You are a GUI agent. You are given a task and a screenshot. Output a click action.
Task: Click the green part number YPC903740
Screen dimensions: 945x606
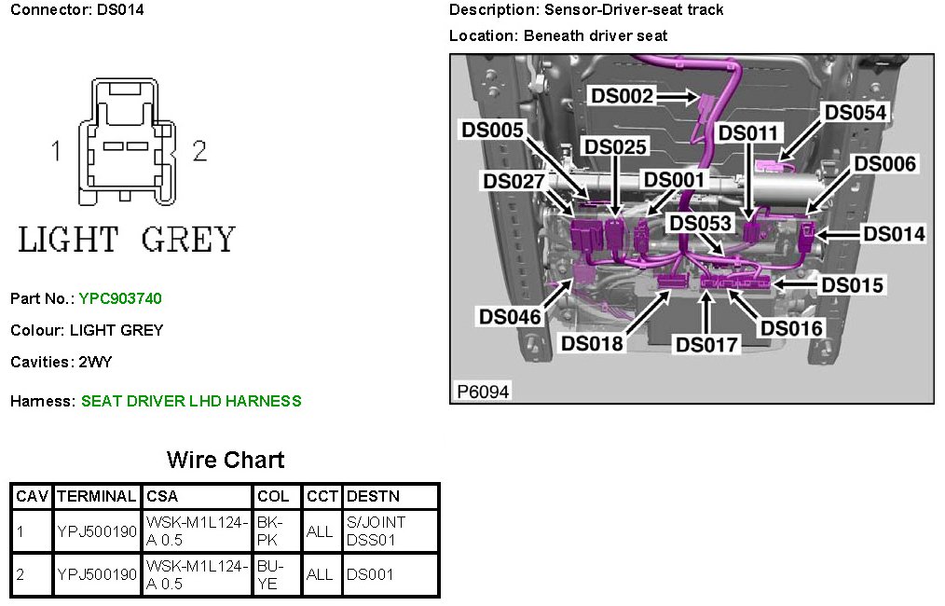120,298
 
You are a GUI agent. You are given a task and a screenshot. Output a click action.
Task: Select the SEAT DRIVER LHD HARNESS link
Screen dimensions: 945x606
191,401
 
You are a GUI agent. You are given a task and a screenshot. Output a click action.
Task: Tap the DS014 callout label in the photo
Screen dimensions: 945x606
894,234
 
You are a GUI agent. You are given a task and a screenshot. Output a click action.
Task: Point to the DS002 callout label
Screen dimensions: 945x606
622,95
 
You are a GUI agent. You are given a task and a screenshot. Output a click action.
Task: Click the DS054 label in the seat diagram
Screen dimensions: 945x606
856,112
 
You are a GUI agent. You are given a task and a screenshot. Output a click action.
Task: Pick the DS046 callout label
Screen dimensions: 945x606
510,317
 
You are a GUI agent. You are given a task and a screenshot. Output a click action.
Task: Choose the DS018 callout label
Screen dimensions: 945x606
592,343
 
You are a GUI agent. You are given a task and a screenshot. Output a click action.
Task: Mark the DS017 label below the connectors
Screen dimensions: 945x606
706,345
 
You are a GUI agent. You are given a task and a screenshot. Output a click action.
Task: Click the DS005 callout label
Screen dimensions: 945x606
493,130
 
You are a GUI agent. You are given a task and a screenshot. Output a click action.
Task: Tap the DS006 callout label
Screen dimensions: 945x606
885,164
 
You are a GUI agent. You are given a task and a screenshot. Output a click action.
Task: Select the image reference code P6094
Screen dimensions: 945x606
483,392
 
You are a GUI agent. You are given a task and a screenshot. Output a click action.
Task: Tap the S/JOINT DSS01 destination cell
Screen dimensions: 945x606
376,530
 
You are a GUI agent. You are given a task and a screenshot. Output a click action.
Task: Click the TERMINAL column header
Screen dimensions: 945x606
97,496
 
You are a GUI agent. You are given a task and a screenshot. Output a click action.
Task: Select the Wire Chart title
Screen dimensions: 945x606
226,460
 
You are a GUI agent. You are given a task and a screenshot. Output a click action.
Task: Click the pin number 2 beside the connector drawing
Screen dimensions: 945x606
199,151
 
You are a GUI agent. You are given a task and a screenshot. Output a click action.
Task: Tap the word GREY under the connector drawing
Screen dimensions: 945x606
189,240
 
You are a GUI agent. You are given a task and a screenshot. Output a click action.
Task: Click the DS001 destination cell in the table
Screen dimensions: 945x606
370,574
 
